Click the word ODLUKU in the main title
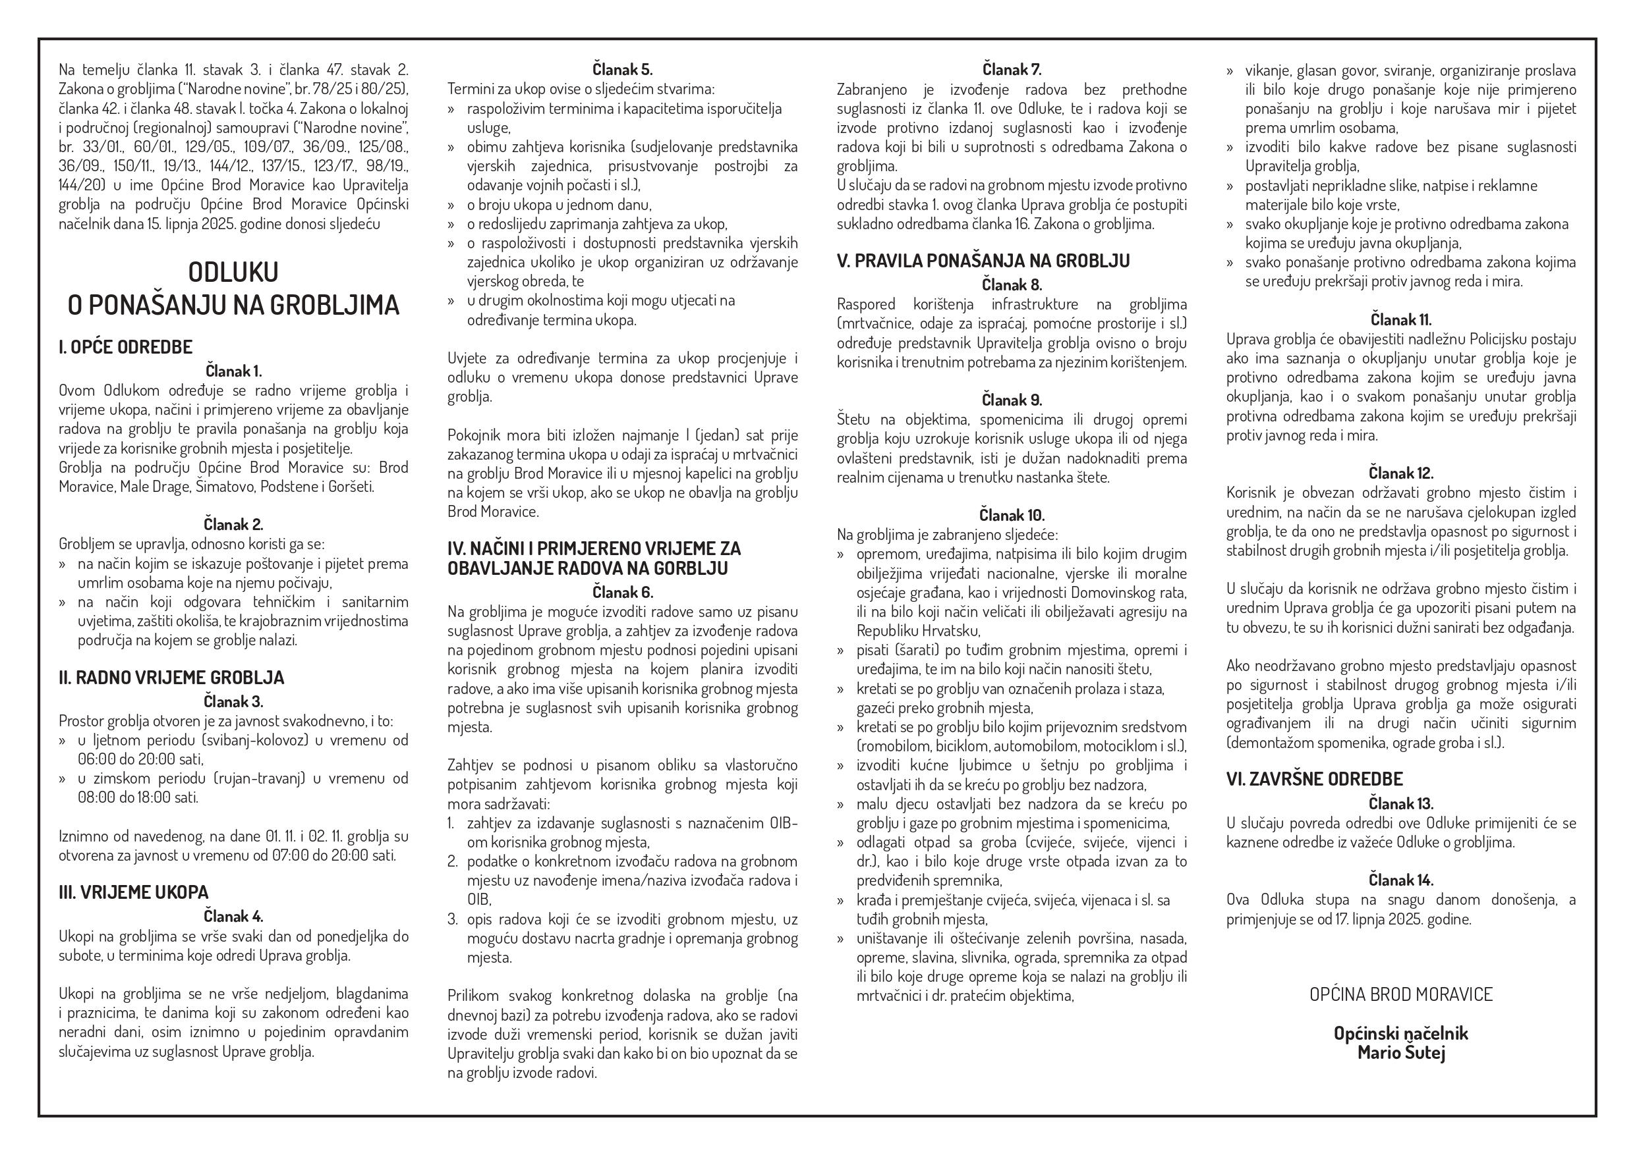coord(233,272)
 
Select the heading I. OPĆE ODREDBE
coord(125,347)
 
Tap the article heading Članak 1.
coord(233,371)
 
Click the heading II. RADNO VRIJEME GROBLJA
coord(171,678)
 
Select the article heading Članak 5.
coord(621,70)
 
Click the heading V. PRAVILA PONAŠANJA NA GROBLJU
coord(983,261)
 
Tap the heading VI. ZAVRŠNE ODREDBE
coord(1314,779)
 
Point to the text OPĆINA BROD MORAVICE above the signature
coord(1400,994)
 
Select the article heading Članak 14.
coord(1400,880)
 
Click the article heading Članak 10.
coord(1011,515)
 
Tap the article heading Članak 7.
coord(1011,70)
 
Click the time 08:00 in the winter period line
coord(96,797)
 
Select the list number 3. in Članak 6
coord(453,919)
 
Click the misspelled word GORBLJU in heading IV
coord(691,568)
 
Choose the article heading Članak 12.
coord(1400,473)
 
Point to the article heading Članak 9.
coord(1011,400)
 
